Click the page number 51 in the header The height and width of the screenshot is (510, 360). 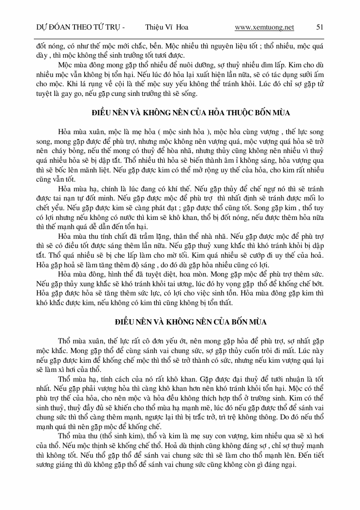tap(319, 27)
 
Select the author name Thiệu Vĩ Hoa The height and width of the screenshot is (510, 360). tap(166, 27)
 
